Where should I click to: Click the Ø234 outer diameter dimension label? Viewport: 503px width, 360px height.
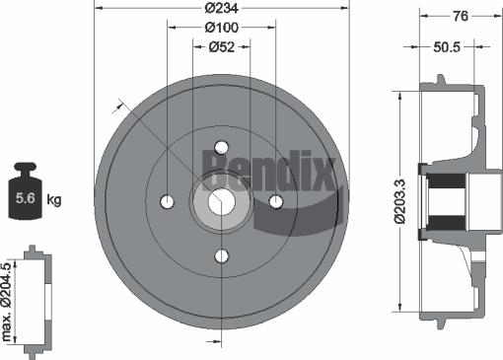coord(222,8)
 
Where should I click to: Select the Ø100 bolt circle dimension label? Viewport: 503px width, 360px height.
coord(223,28)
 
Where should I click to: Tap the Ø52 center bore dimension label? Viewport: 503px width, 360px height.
coord(223,48)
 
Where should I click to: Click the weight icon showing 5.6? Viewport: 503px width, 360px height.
coord(25,195)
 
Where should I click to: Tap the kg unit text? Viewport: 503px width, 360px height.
coord(54,200)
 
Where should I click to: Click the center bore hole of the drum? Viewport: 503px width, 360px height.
coord(222,201)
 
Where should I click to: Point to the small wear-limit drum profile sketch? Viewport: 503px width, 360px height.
coord(36,302)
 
